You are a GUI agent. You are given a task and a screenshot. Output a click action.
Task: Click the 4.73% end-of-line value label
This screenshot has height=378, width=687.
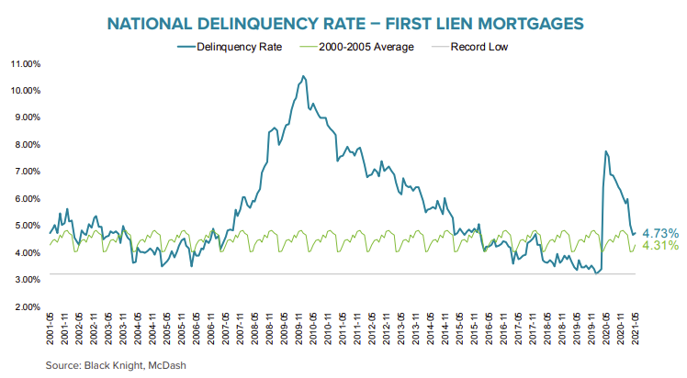coord(660,233)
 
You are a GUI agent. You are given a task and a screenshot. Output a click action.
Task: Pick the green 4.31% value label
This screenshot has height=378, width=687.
coord(660,246)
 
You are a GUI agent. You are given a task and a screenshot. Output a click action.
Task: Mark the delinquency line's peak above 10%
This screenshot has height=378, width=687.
coord(304,77)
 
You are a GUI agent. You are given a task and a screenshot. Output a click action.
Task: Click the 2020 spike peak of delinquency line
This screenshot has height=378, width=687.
coord(605,151)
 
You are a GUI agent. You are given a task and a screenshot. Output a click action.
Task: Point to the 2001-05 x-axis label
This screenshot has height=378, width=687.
coord(49,328)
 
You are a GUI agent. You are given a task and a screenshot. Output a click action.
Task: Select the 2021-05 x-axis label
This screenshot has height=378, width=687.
coord(636,328)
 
